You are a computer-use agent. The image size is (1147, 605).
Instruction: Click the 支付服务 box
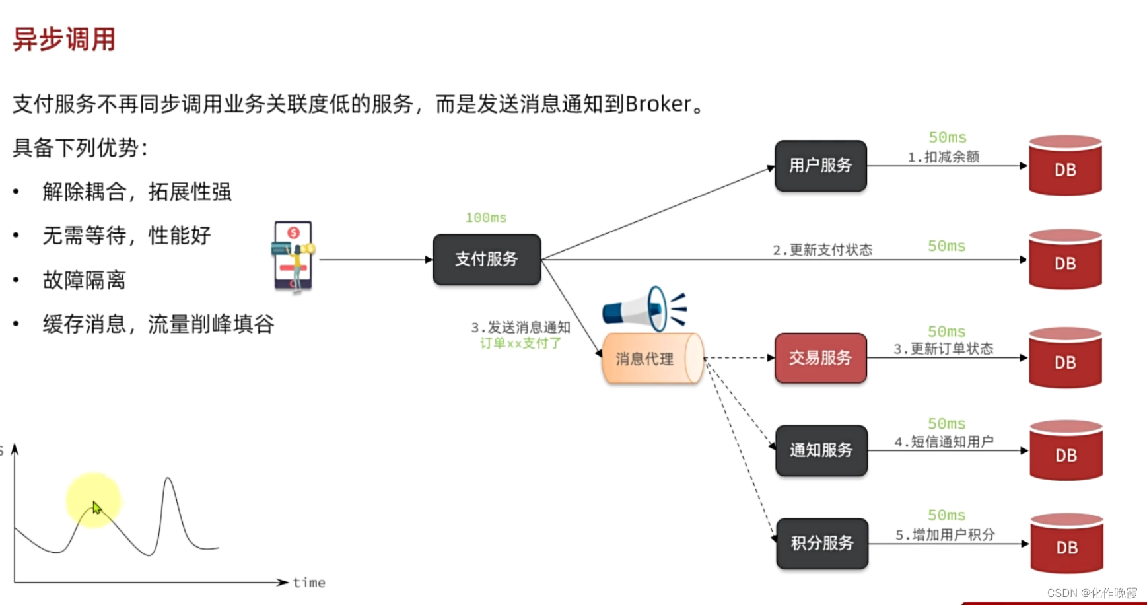pos(487,260)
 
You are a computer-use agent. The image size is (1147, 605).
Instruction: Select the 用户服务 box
pos(820,166)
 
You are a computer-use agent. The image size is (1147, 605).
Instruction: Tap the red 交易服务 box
pos(820,358)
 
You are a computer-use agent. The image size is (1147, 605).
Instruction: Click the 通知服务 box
pos(821,450)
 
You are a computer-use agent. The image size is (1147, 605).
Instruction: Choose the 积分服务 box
pos(822,543)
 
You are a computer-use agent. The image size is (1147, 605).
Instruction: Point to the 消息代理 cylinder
pos(650,359)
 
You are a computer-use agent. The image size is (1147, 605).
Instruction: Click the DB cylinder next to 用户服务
pos(1065,166)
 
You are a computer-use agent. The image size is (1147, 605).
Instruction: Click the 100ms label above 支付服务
pos(486,218)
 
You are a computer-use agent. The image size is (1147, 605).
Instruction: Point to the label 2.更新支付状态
pos(822,250)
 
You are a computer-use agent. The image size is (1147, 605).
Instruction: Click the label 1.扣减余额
pos(943,157)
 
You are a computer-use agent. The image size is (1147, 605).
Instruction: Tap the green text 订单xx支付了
pos(520,343)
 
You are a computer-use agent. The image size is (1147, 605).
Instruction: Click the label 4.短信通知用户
pos(944,441)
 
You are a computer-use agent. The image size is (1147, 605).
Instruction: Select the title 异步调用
pos(64,40)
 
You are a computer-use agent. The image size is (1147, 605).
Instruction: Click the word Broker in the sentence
pos(658,104)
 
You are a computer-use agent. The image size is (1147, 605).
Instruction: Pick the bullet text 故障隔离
pos(84,280)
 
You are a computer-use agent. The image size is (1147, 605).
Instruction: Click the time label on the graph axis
pos(309,583)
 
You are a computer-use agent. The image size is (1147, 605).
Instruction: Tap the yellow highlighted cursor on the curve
pos(94,502)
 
